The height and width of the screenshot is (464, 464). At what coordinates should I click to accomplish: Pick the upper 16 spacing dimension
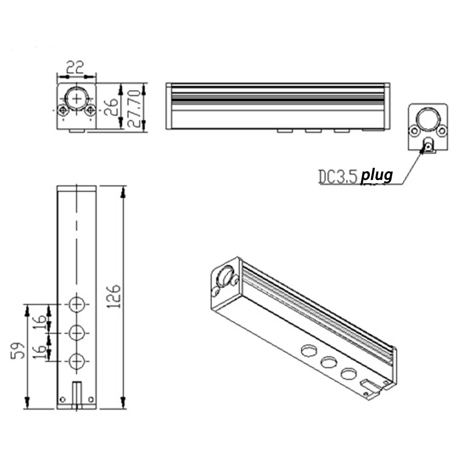tap(40, 320)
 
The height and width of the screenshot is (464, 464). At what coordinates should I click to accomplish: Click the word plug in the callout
tap(377, 176)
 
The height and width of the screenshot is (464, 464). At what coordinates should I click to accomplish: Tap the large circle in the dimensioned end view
tap(77, 98)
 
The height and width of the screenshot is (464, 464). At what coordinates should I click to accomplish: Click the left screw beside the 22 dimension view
tap(63, 110)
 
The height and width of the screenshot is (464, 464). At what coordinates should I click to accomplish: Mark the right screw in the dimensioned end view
tap(90, 110)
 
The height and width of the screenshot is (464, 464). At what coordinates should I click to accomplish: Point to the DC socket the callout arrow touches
tap(428, 147)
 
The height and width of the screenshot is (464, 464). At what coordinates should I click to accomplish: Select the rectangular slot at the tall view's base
tap(77, 393)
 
